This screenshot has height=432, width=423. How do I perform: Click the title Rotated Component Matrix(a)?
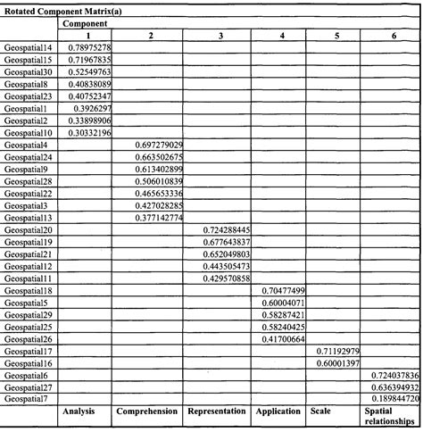pos(55,7)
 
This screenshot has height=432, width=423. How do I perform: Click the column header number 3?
pos(220,34)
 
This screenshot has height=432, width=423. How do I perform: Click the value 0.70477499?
pos(285,291)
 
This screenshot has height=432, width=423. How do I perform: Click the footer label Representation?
pos(218,413)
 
